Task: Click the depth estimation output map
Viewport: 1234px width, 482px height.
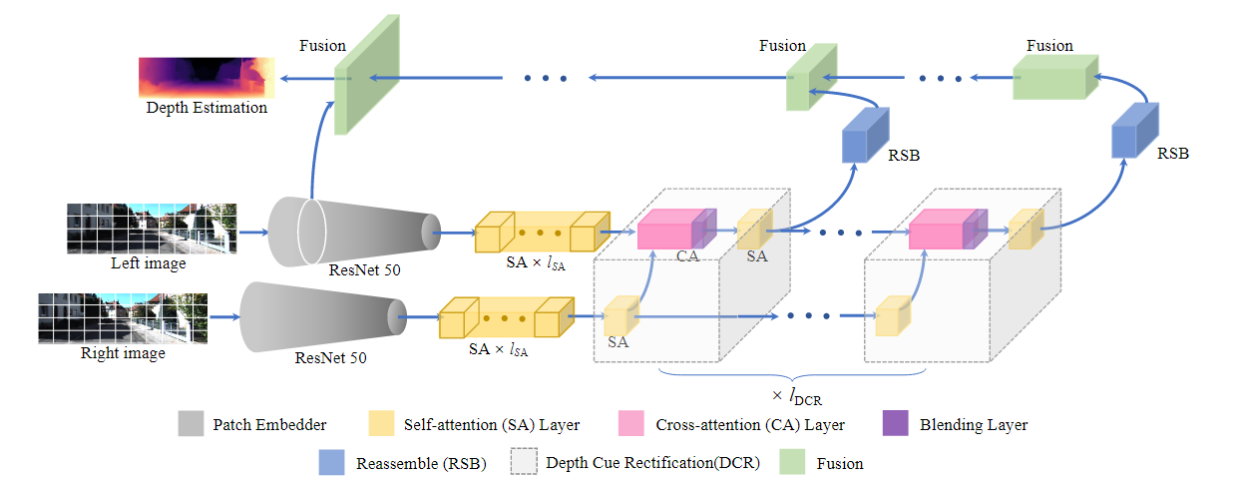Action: [x=206, y=76]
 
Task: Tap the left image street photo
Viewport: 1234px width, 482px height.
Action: [x=152, y=229]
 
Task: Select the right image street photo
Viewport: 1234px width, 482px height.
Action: [x=123, y=317]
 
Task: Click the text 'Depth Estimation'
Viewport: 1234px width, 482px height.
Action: [x=206, y=108]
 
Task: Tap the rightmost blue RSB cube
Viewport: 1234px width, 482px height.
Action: [x=1135, y=131]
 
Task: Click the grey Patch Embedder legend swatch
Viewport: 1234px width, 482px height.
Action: [x=191, y=424]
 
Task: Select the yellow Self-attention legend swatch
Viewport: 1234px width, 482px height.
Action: [x=381, y=424]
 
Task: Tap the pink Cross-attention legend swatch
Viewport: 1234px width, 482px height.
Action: [x=631, y=424]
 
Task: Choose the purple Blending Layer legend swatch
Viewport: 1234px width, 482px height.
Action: [x=897, y=424]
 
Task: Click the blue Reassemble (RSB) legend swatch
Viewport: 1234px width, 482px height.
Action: [x=331, y=463]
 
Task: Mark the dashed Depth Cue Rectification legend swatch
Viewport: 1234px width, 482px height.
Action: [x=523, y=463]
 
